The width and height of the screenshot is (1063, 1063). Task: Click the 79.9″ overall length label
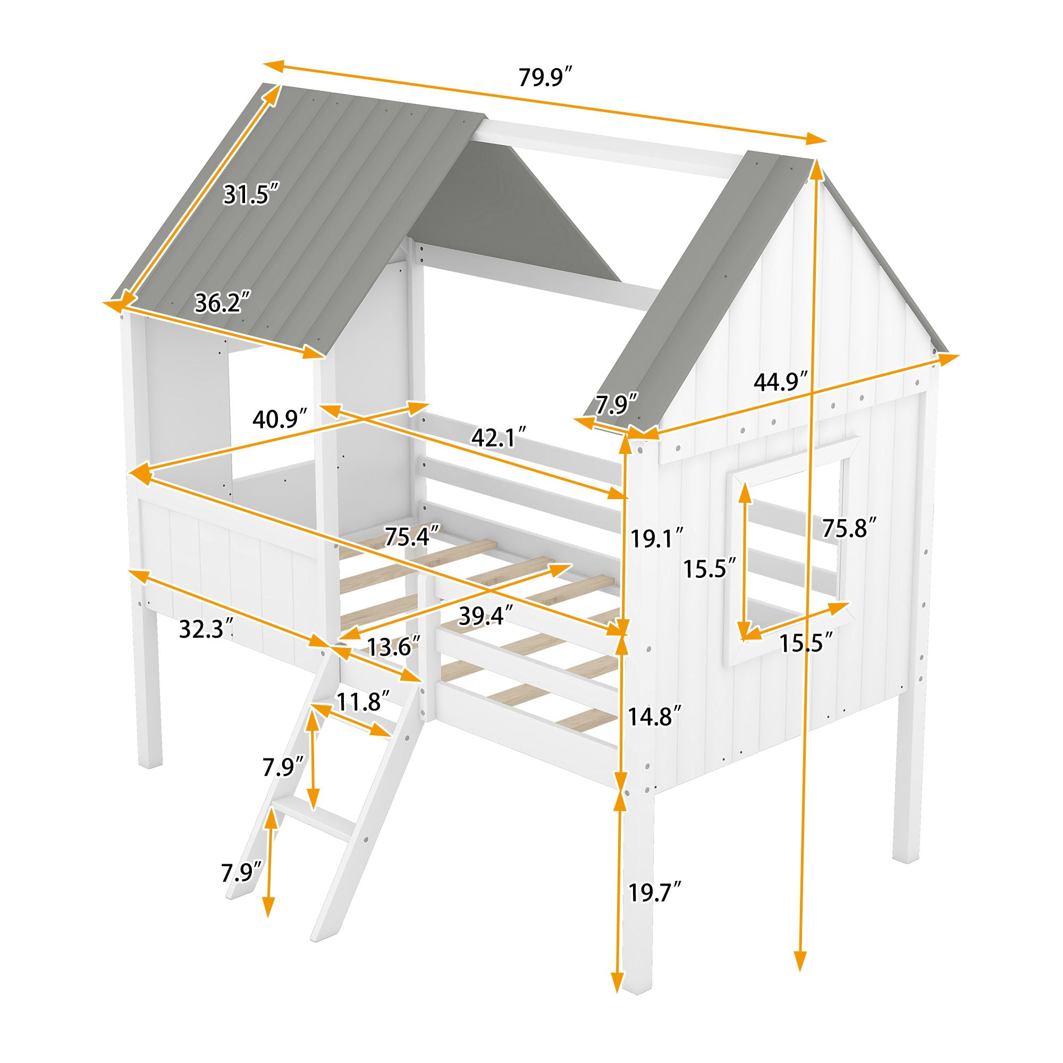click(546, 78)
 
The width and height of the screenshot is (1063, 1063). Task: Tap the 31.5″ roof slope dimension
click(252, 195)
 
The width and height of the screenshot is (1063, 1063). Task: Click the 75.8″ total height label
click(848, 528)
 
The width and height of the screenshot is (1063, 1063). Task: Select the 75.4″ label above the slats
click(412, 537)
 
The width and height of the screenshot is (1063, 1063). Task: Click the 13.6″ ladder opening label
click(394, 646)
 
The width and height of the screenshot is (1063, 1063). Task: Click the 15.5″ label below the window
click(806, 643)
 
